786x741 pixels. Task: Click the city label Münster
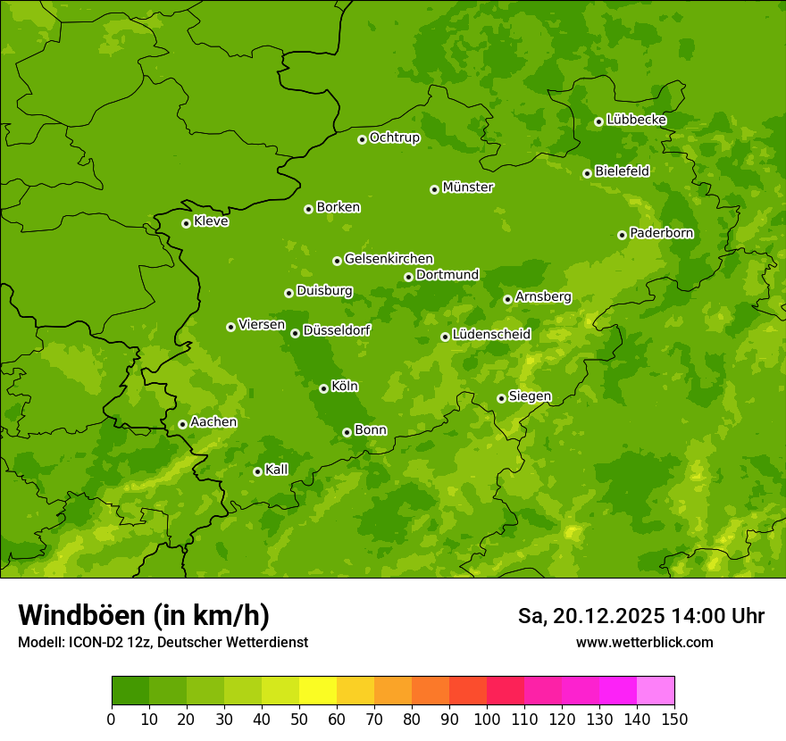point(467,187)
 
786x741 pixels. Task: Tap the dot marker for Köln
point(323,388)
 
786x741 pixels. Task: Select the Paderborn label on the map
point(661,233)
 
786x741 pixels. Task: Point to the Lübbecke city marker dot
point(598,121)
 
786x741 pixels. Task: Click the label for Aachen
point(213,422)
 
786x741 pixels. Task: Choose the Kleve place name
point(211,221)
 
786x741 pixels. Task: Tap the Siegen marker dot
point(501,398)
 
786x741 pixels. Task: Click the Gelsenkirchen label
point(389,259)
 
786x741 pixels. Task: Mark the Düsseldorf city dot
point(295,333)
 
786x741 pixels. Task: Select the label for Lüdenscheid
point(491,335)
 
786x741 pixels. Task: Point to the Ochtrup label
point(394,137)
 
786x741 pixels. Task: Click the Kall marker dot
point(257,471)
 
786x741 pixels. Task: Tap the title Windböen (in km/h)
point(143,615)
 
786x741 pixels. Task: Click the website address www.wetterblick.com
point(644,643)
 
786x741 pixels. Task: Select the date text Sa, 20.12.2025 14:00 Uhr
point(640,616)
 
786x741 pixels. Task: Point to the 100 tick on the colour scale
point(487,718)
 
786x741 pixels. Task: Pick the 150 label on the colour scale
point(673,718)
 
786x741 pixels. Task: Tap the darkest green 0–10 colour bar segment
point(130,691)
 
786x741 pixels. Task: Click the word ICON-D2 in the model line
point(96,643)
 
